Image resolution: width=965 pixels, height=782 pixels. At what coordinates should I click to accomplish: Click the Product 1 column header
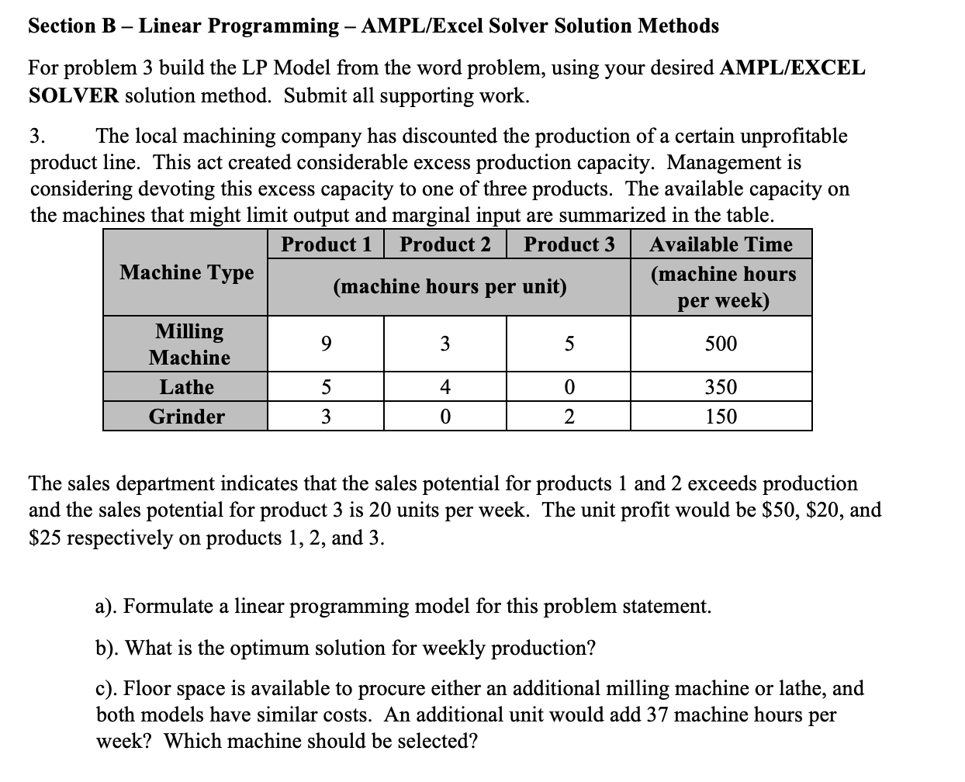coord(326,244)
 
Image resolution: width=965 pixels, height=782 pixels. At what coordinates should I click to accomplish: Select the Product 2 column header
coord(445,244)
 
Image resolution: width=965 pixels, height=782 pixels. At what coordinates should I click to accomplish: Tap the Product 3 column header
coord(569,244)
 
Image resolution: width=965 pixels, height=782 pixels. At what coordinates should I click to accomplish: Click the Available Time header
coord(721,244)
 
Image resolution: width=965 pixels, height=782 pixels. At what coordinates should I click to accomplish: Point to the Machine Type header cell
coord(186,272)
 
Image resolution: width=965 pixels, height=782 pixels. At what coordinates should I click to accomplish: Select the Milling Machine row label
coord(189,344)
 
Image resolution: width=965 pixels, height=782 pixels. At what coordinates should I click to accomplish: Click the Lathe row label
coord(186,387)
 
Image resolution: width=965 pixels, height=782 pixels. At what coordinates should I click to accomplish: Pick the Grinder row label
coord(186,417)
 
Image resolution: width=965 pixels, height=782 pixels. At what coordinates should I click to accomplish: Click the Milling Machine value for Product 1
coord(326,344)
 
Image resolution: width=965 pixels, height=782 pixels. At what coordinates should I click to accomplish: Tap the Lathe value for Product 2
coord(445,387)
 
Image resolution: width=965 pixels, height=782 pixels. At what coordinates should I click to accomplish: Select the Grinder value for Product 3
coord(569,417)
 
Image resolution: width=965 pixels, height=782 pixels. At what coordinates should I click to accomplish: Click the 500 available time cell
coord(721,344)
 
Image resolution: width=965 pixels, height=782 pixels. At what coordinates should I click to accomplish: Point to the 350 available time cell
coord(721,387)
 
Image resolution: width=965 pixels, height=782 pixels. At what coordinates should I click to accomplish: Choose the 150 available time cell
coord(721,417)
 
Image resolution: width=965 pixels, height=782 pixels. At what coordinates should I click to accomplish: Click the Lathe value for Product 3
coord(569,387)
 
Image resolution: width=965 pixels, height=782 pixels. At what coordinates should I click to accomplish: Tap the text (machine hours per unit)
coord(449,286)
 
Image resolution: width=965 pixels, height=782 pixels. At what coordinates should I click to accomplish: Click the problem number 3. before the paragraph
coord(37,137)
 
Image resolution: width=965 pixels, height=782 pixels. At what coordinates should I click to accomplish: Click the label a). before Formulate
coord(107,606)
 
